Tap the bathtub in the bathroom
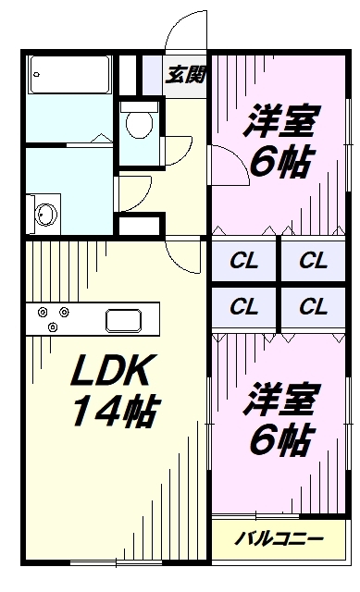70,73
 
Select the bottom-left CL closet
244,306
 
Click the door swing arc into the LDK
185,250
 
